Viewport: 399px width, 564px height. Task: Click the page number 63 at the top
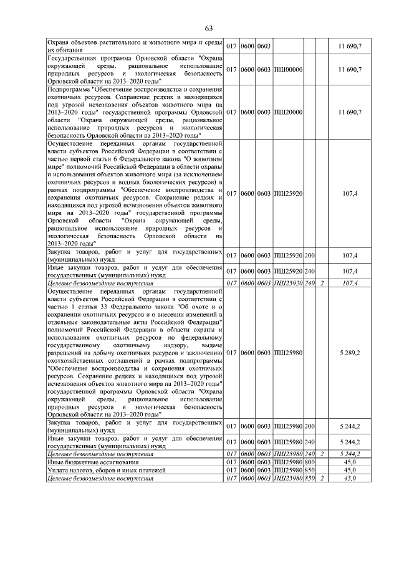[x=209, y=28]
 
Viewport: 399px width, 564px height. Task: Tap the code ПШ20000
[x=287, y=112]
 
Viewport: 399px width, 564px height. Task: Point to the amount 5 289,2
[x=350, y=353]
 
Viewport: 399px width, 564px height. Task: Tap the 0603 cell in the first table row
[x=264, y=47]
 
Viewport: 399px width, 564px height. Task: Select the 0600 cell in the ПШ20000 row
[x=248, y=112]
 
